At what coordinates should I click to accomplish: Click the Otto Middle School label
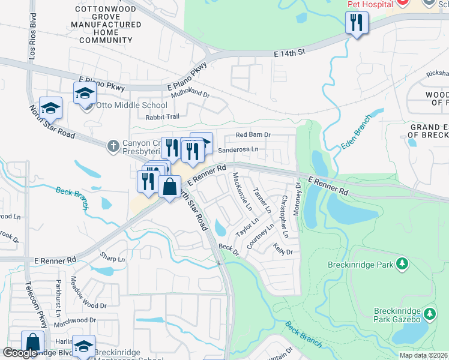[x=125, y=106]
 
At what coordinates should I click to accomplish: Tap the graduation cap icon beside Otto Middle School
[x=85, y=94]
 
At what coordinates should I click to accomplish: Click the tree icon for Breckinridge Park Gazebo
[x=429, y=314]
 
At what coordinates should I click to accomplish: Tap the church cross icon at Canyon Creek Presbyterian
[x=113, y=145]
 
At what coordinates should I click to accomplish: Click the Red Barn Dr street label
[x=255, y=136]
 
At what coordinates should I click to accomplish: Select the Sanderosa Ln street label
[x=238, y=149]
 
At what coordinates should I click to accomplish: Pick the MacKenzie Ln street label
[x=242, y=191]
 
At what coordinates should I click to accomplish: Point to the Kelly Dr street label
[x=282, y=248]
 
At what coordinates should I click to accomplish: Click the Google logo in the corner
[x=20, y=353]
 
